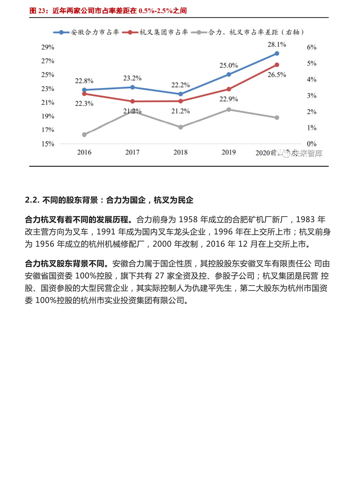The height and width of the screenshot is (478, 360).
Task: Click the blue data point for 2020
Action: (277, 53)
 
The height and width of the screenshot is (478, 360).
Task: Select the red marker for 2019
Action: (229, 89)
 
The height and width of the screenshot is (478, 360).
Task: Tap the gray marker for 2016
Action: (84, 135)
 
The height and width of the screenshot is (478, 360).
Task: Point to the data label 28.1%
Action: (277, 44)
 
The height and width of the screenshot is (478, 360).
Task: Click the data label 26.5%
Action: (277, 75)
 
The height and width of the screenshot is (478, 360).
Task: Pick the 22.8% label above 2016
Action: (84, 81)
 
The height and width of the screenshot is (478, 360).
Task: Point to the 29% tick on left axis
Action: (48, 47)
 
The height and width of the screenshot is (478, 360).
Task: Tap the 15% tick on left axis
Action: (48, 144)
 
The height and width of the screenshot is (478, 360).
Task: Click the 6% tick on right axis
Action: (311, 47)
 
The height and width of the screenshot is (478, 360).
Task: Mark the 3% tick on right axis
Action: (311, 96)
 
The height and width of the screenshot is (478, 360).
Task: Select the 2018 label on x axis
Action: (180, 152)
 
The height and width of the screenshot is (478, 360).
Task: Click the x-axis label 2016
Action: (84, 152)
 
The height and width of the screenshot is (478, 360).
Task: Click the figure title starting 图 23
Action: (108, 11)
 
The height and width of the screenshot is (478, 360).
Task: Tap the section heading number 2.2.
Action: (32, 200)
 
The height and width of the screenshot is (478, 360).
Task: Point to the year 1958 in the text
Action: (188, 219)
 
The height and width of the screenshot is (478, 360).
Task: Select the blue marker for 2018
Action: (181, 94)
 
